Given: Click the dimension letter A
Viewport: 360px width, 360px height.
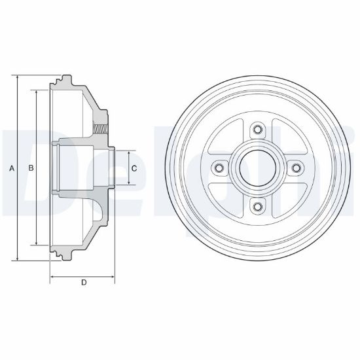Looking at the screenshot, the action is pyautogui.click(x=12, y=168).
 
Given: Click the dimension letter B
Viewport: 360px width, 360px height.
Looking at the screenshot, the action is pyautogui.click(x=31, y=168).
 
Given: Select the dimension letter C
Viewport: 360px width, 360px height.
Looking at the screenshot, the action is pyautogui.click(x=134, y=168).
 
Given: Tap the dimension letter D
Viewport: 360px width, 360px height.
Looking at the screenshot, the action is pyautogui.click(x=84, y=282).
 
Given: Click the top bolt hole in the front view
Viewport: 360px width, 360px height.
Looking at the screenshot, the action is pyautogui.click(x=258, y=129).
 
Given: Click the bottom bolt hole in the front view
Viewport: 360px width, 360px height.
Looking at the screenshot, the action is pyautogui.click(x=258, y=207).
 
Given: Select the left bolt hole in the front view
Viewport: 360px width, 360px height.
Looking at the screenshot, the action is pyautogui.click(x=219, y=168).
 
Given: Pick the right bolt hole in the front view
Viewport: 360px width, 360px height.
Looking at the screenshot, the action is pyautogui.click(x=297, y=168).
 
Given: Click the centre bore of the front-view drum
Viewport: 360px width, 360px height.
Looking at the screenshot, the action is pyautogui.click(x=258, y=168).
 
